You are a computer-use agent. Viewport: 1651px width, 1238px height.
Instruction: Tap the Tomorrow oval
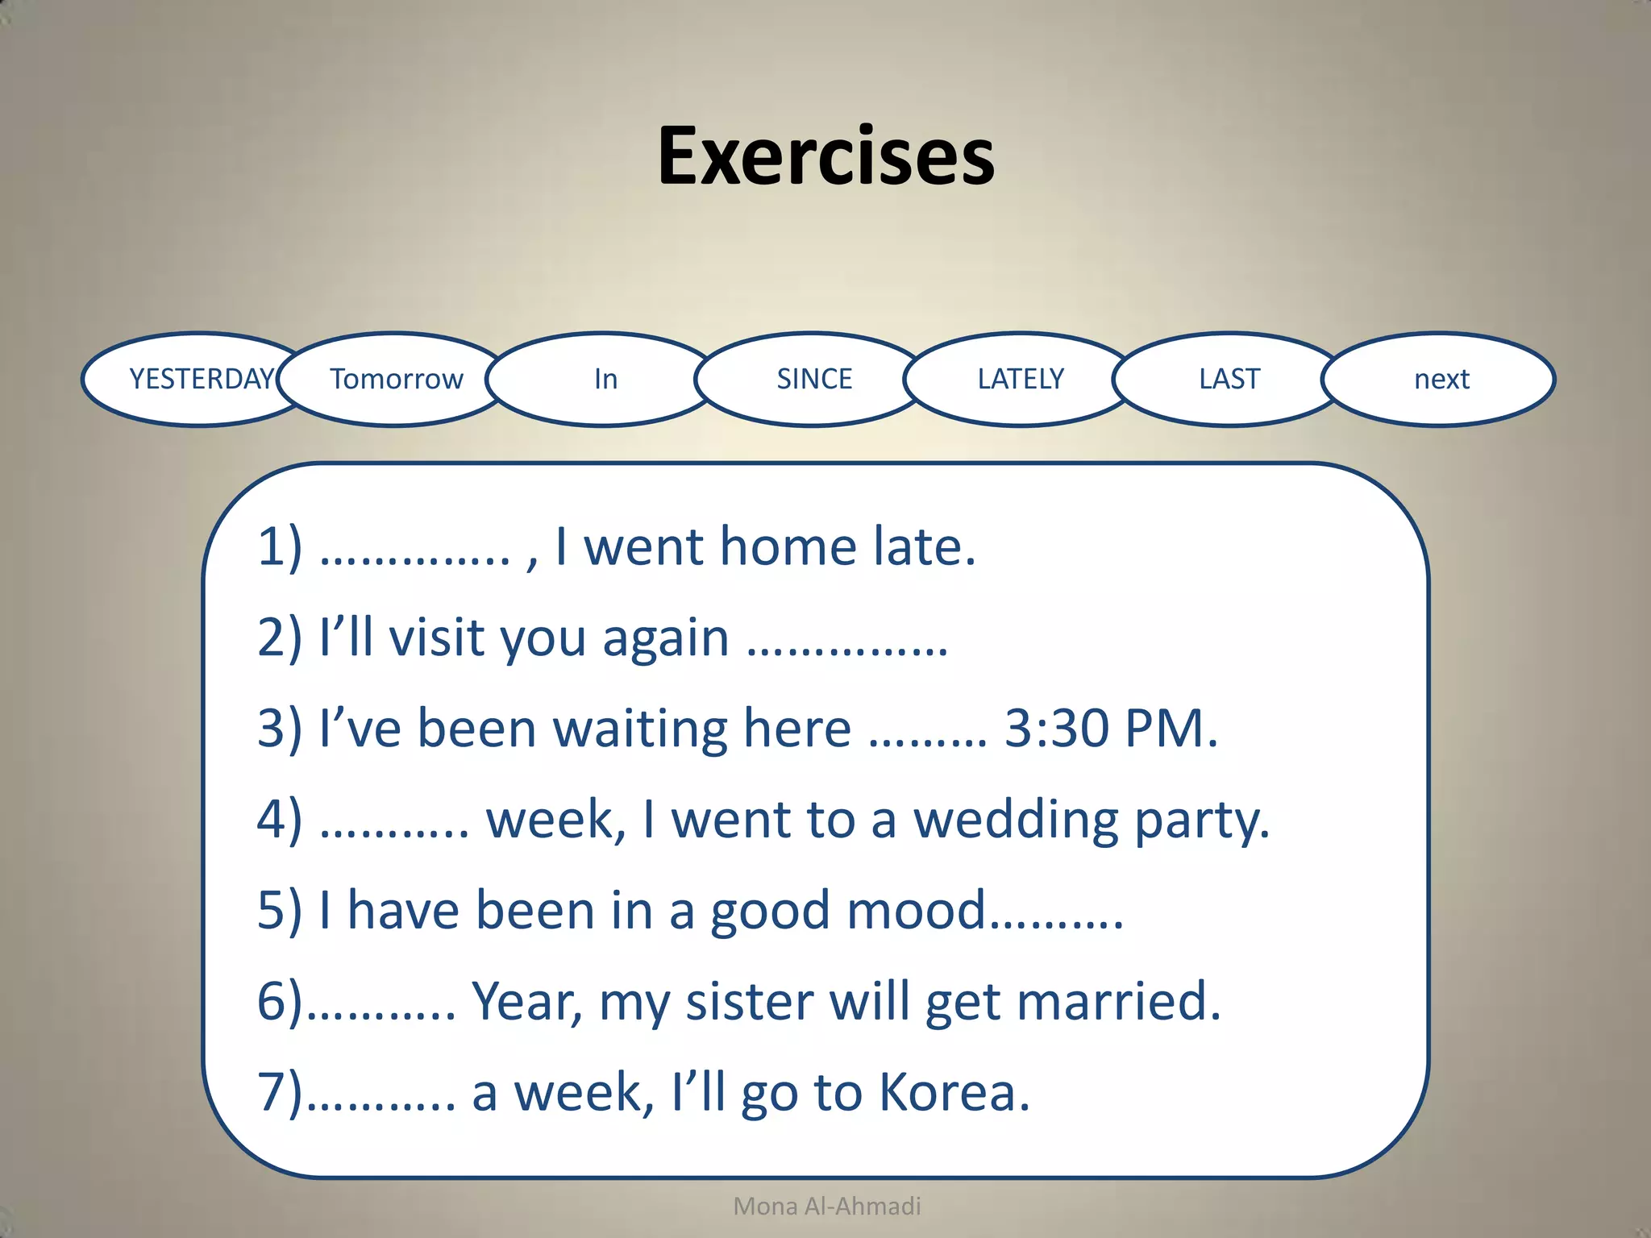[396, 379]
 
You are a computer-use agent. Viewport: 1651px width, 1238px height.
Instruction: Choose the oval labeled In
[605, 379]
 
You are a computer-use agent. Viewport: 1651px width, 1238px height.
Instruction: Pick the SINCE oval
[813, 379]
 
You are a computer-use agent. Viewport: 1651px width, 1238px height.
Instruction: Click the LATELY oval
[1021, 379]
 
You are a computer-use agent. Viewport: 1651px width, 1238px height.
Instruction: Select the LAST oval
[1229, 379]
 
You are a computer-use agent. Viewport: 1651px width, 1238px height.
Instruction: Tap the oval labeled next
[1441, 379]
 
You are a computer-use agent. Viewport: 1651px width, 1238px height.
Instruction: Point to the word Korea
[954, 1093]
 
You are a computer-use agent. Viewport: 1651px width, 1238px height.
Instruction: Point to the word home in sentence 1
[788, 547]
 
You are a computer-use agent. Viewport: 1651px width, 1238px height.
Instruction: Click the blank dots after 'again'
[846, 650]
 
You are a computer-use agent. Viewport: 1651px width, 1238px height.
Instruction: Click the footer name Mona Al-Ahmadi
[827, 1206]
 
